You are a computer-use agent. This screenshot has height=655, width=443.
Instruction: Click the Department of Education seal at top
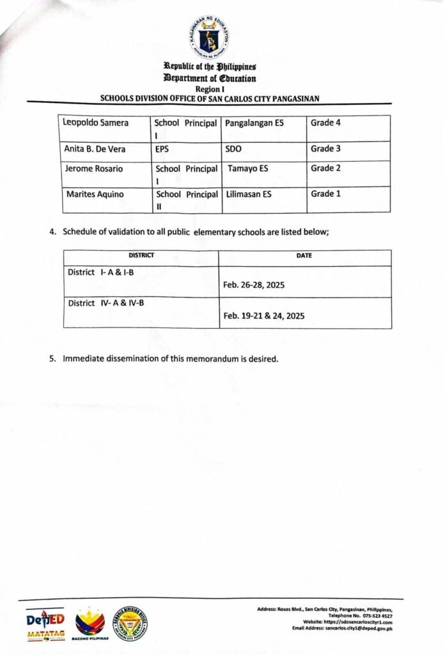[208, 38]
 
